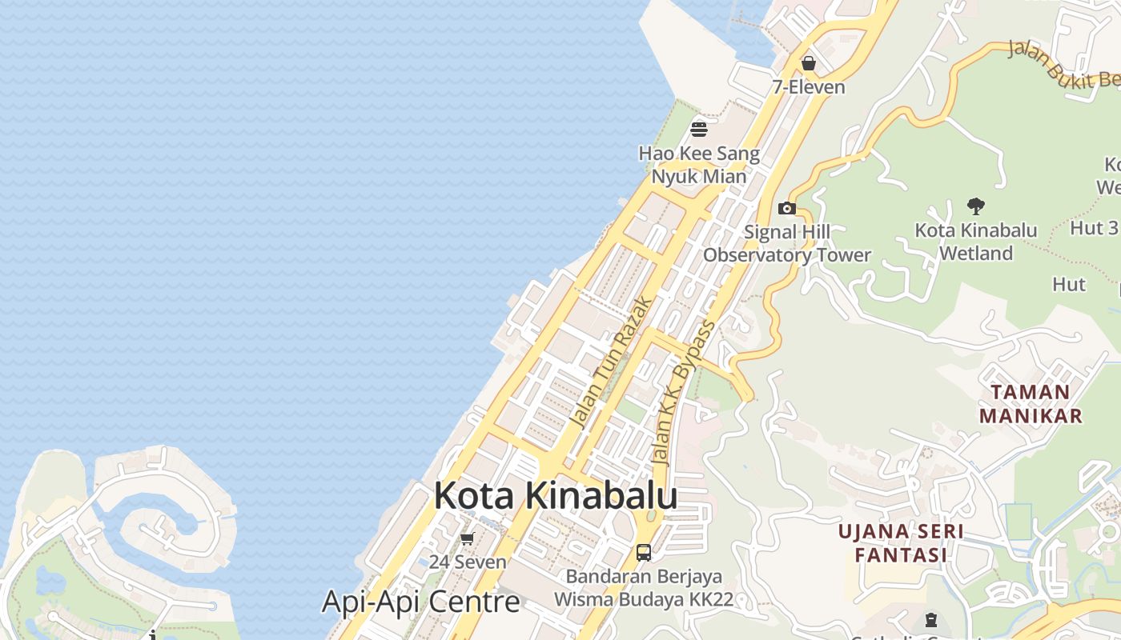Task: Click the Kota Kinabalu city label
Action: click(x=555, y=496)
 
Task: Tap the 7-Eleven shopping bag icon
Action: click(x=809, y=63)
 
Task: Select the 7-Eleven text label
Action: click(x=809, y=87)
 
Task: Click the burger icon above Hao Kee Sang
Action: click(x=699, y=129)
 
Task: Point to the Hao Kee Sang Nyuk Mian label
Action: click(x=699, y=165)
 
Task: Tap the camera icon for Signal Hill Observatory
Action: click(x=787, y=209)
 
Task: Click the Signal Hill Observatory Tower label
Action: click(x=787, y=244)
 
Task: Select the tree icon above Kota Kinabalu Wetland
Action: click(x=975, y=206)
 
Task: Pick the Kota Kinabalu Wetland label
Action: click(x=976, y=242)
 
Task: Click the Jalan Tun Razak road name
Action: click(x=611, y=360)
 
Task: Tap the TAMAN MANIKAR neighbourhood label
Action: click(x=1031, y=404)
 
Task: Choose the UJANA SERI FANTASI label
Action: click(x=901, y=543)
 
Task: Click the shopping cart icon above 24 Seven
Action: click(x=468, y=538)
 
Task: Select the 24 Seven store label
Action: click(x=468, y=562)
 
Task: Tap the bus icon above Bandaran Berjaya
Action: click(x=643, y=552)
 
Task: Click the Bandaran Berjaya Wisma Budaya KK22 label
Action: click(x=644, y=588)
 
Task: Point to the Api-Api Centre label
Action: click(x=421, y=602)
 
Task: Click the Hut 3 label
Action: click(x=1094, y=227)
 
